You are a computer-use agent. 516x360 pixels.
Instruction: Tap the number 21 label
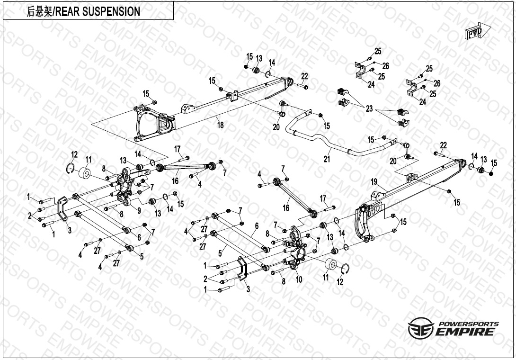(x=327, y=159)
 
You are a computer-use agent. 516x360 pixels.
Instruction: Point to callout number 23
(x=369, y=109)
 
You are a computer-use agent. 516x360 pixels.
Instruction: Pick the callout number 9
(x=139, y=211)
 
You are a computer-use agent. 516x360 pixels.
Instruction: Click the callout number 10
(x=298, y=280)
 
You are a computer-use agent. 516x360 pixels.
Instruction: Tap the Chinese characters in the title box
(x=40, y=11)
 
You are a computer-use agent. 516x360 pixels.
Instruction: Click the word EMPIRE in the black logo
(x=467, y=331)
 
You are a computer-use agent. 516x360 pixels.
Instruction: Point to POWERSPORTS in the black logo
(x=468, y=324)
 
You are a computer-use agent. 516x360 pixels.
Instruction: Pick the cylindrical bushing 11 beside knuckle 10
(x=331, y=266)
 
